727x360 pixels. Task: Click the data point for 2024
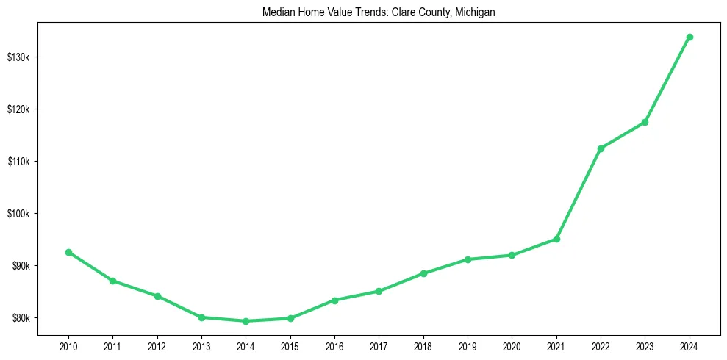point(690,37)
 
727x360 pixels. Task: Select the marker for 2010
point(68,252)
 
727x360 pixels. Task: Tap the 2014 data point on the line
point(246,321)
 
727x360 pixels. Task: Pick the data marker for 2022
point(601,148)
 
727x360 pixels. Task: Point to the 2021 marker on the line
point(556,239)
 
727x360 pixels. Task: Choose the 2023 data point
point(645,122)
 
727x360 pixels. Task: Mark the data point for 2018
point(423,273)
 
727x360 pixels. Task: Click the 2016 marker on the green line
point(334,300)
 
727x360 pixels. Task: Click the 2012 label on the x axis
point(157,345)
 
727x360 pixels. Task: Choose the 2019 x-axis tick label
point(468,345)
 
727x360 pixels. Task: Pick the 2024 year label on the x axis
point(690,345)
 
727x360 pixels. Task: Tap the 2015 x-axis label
point(290,345)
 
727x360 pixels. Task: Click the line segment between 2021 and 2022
point(579,194)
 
